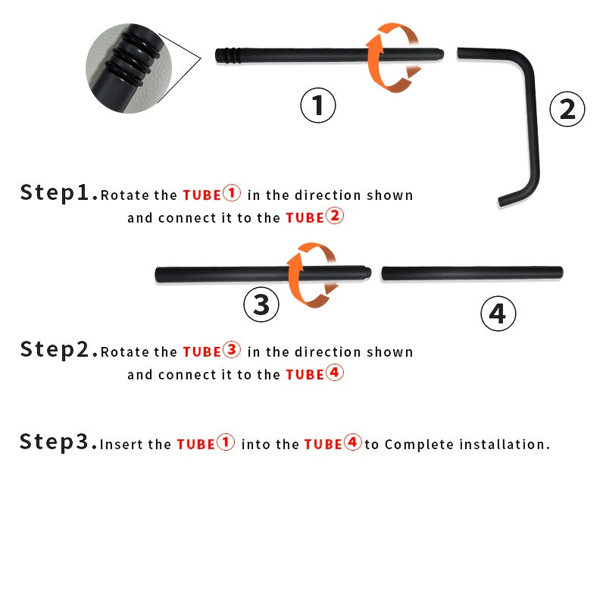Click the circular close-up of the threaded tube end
click(129, 68)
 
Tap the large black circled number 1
click(318, 105)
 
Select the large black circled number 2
click(567, 109)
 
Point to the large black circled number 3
click(261, 305)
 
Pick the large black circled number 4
click(498, 314)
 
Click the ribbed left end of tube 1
click(228, 55)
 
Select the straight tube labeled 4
click(472, 273)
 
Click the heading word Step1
click(59, 192)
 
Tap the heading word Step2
click(59, 349)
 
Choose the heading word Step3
click(58, 442)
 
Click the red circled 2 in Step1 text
click(335, 216)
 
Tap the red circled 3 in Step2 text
click(232, 350)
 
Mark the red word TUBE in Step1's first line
click(201, 195)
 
